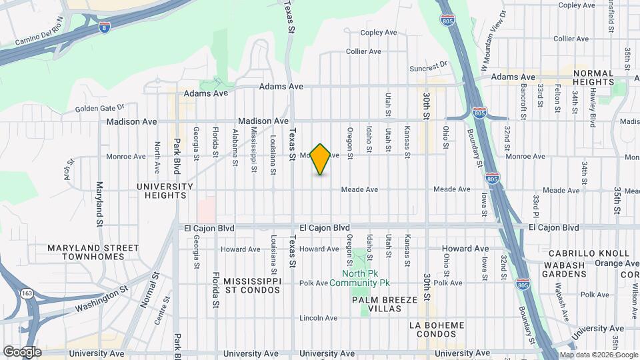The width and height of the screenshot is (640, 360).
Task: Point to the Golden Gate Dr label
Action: [100, 107]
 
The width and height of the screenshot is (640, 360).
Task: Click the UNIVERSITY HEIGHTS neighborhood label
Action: [161, 191]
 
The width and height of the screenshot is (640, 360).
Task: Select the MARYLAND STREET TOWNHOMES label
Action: [93, 252]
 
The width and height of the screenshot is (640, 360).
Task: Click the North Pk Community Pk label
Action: [365, 278]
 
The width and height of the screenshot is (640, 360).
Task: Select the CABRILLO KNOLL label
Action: [589, 253]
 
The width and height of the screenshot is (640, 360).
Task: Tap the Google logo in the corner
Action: [21, 352]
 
